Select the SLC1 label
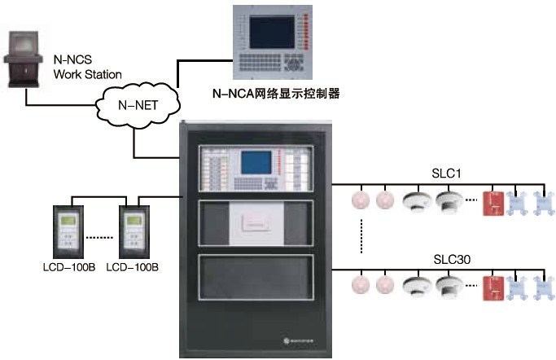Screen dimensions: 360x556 [x=445, y=173]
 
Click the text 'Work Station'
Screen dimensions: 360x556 [x=87, y=74]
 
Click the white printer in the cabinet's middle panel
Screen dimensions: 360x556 [x=256, y=220]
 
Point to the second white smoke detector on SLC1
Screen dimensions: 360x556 [x=449, y=200]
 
